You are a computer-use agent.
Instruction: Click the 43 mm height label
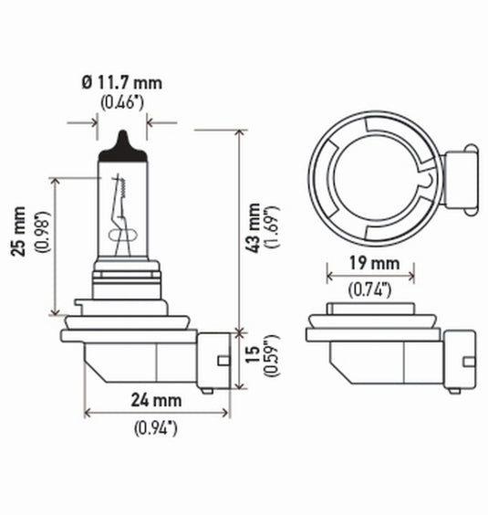coord(254,227)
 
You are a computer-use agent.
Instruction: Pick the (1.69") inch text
coord(272,227)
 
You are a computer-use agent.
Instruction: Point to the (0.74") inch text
coord(370,290)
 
